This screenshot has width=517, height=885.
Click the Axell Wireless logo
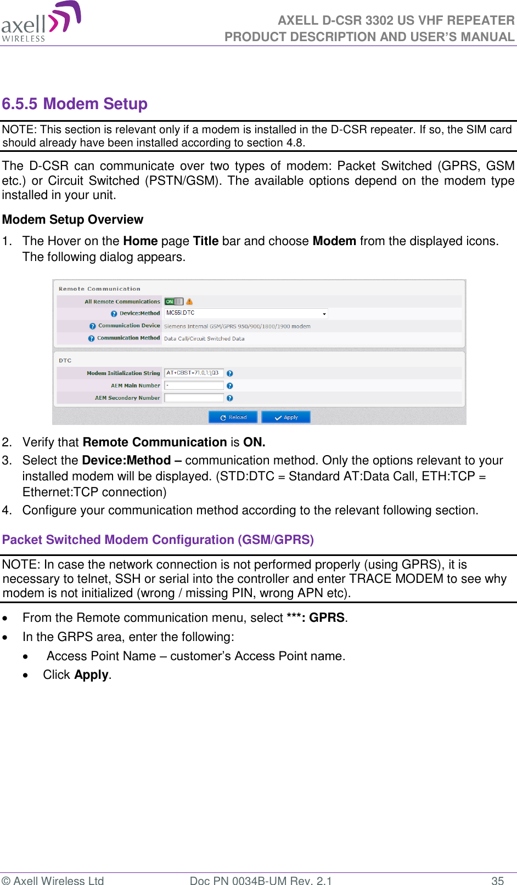coord(41,22)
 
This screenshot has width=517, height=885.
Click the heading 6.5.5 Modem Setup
coord(75,104)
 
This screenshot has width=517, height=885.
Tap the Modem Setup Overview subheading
coord(72,220)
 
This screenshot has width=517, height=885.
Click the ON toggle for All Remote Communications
coord(174,302)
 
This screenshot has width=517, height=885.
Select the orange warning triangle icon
coord(189,302)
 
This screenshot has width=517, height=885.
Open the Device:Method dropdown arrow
coord(324,314)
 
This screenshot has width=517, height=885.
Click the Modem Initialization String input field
coord(194,373)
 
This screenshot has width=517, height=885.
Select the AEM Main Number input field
coord(194,385)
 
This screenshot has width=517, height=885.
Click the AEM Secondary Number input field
coord(194,398)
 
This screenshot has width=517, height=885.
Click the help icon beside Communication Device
coord(93,326)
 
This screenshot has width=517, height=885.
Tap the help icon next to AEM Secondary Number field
coord(230,398)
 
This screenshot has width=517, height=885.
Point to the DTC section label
coord(65,360)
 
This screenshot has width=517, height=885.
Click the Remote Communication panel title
coord(99,289)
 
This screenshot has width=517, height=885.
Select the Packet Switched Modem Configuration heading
coord(158,540)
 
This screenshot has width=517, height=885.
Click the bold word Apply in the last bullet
coord(92,675)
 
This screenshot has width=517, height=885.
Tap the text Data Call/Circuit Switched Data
coord(204,339)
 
